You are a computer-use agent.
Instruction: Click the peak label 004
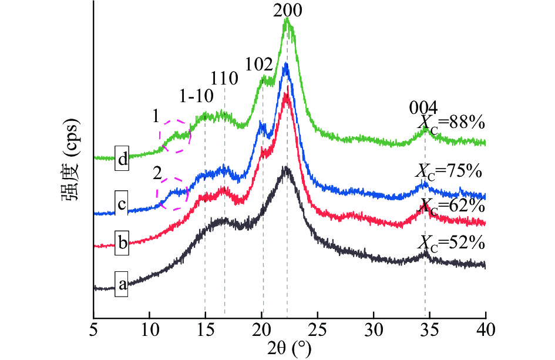[423, 108]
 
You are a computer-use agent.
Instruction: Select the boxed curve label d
[122, 159]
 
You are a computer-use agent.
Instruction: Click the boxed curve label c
[122, 205]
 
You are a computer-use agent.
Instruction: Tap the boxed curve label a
[122, 285]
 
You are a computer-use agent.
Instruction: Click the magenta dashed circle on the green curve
[176, 136]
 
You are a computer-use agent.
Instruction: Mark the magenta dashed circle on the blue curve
[172, 191]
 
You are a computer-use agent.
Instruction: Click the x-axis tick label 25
[318, 328]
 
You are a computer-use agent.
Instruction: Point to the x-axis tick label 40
[486, 328]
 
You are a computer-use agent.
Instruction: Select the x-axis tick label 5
[94, 328]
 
